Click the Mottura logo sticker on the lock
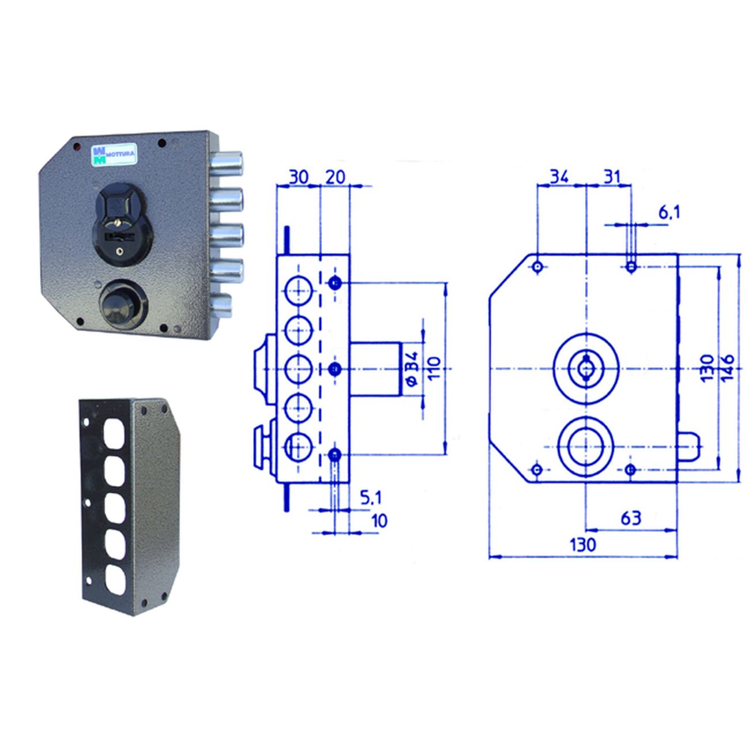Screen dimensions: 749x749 (114, 154)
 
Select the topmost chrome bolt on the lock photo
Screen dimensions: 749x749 (226, 162)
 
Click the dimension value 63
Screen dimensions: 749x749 (630, 518)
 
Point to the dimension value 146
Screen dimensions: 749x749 (728, 368)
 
